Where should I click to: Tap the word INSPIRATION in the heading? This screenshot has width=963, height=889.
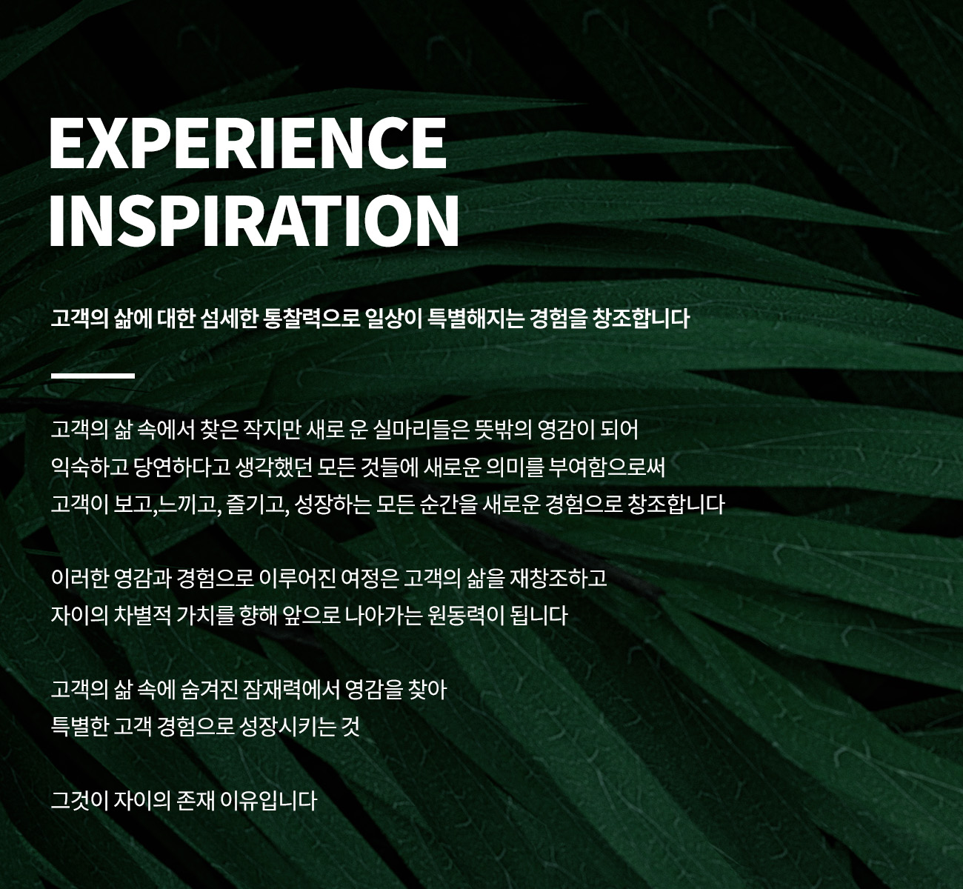tap(254, 221)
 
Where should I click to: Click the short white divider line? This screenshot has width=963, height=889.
tap(93, 376)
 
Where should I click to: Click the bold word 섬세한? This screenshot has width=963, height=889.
tap(228, 319)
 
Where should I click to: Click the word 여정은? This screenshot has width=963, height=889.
tap(370, 579)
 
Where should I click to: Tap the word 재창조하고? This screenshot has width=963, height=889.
tap(559, 579)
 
